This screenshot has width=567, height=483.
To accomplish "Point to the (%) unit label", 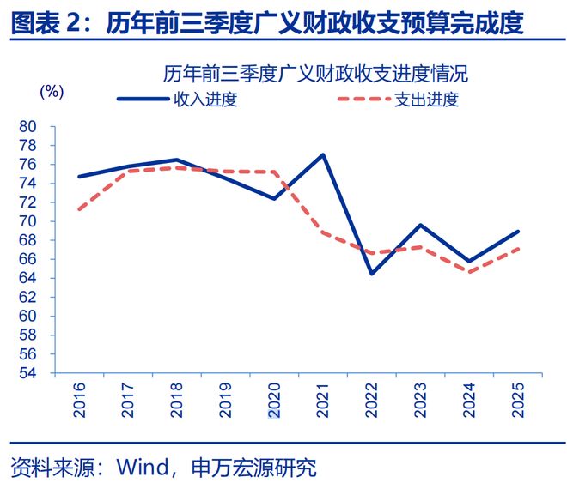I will click(52, 91).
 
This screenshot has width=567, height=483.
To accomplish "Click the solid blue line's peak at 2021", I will click(323, 154).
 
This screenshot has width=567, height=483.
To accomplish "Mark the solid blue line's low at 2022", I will click(371, 274).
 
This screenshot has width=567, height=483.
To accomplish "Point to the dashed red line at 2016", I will click(79, 209).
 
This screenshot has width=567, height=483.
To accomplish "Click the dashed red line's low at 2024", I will click(469, 272).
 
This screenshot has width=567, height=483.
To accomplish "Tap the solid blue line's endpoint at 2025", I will click(518, 232).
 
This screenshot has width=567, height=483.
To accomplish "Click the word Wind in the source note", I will click(142, 468).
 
